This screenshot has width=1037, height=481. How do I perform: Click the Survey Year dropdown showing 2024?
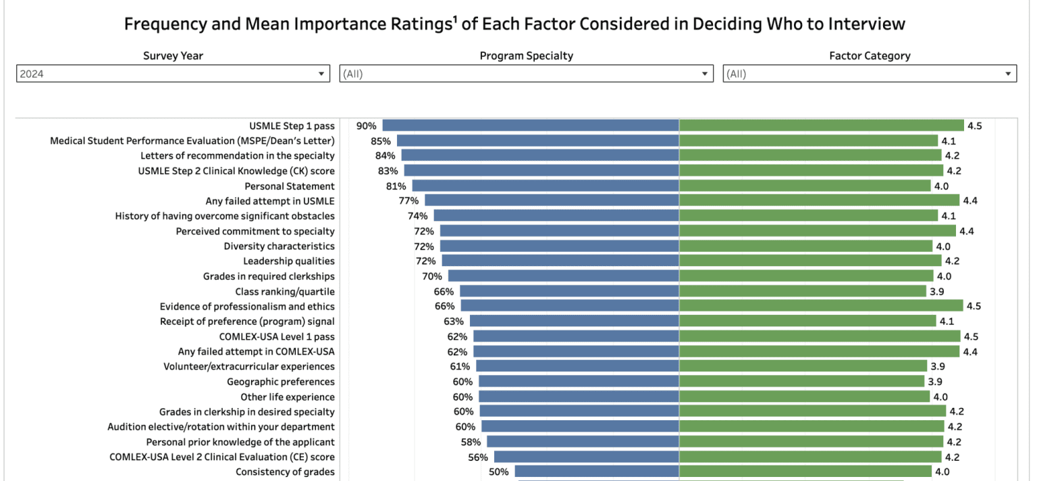tap(173, 74)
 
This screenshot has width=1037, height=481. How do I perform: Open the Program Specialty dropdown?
tap(526, 74)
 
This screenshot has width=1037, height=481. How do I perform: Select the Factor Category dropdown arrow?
tap(1008, 74)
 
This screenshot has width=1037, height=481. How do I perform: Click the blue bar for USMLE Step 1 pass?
tap(531, 126)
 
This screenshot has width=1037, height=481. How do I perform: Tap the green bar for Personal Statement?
tap(805, 186)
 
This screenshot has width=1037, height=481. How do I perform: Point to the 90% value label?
tap(367, 126)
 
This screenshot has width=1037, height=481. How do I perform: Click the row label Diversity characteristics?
tap(279, 246)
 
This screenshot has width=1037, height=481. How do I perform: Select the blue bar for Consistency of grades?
tap(597, 472)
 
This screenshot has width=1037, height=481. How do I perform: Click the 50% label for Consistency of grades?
tap(499, 472)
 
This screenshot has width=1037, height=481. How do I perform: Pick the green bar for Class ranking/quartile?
tap(802, 291)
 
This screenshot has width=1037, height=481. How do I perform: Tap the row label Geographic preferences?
tap(280, 382)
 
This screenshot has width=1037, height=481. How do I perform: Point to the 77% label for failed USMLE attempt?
tap(408, 201)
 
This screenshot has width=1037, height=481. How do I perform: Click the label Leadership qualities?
tap(289, 261)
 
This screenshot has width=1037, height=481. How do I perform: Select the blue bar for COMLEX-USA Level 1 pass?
tap(576, 336)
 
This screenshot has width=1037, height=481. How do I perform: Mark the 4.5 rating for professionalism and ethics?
tap(974, 306)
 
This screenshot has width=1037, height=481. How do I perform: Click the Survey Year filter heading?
tap(173, 56)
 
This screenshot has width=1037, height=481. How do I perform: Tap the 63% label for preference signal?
tap(454, 321)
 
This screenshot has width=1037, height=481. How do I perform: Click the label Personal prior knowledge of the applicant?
tap(240, 442)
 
